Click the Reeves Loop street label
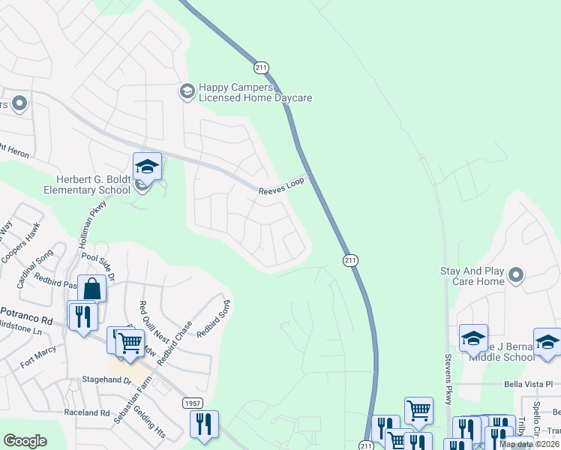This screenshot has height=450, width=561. click(283, 191)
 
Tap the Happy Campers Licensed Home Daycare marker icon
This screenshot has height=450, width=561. click(187, 91)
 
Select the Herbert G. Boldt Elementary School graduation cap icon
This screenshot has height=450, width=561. click(147, 166)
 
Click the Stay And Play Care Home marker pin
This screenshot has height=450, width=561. click(516, 275)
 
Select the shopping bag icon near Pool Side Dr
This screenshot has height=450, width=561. click(91, 289)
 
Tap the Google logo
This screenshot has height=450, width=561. click(25, 441)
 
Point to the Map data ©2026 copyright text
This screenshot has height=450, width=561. click(529, 444)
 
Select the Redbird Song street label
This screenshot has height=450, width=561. click(213, 319)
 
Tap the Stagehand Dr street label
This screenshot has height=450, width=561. click(106, 380)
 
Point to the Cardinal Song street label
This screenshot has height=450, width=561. click(32, 272)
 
